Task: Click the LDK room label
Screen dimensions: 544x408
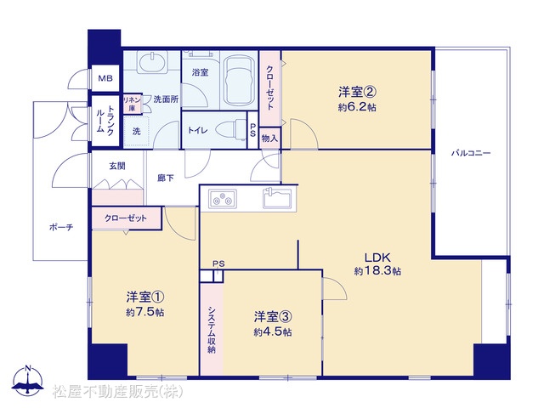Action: point(377,258)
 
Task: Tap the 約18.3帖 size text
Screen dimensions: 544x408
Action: point(377,271)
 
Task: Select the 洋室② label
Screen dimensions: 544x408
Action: point(357,93)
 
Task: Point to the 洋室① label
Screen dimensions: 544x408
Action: point(145,297)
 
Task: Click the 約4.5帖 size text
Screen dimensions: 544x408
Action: point(272,332)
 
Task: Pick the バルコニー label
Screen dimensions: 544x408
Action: point(471,153)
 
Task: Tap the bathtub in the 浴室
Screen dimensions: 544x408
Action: point(238,80)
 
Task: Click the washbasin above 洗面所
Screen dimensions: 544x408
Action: point(152,62)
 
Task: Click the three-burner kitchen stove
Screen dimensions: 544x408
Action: point(223,199)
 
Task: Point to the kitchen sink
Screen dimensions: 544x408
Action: point(276,198)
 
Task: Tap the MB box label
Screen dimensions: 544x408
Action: point(105,78)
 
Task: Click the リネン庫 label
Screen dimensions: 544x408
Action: point(132,104)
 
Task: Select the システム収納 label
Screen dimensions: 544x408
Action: point(212,330)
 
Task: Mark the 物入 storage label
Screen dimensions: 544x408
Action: point(270,139)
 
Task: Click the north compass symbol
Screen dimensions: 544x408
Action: point(28,381)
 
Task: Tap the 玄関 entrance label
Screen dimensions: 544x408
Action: point(117,167)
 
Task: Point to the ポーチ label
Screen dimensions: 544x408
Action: point(61,228)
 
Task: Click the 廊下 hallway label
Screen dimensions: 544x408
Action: point(166,178)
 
